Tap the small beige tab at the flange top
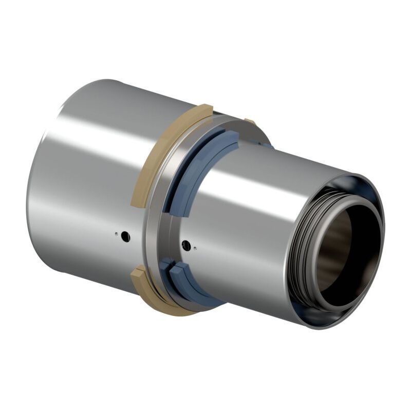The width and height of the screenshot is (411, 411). click(250, 122)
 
